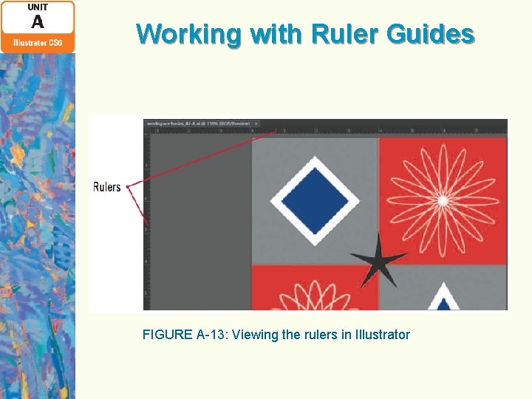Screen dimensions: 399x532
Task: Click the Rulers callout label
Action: pyautogui.click(x=107, y=187)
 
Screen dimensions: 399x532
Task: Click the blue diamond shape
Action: pyautogui.click(x=315, y=200)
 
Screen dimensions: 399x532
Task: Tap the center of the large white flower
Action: pyautogui.click(x=442, y=200)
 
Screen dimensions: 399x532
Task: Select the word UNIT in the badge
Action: pyautogui.click(x=37, y=7)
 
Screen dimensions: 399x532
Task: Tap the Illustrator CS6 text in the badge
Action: pyautogui.click(x=37, y=43)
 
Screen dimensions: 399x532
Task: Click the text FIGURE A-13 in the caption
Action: pyautogui.click(x=185, y=335)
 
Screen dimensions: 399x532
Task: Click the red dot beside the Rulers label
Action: pyautogui.click(x=128, y=187)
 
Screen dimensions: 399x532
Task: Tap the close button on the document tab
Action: pyautogui.click(x=256, y=123)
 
